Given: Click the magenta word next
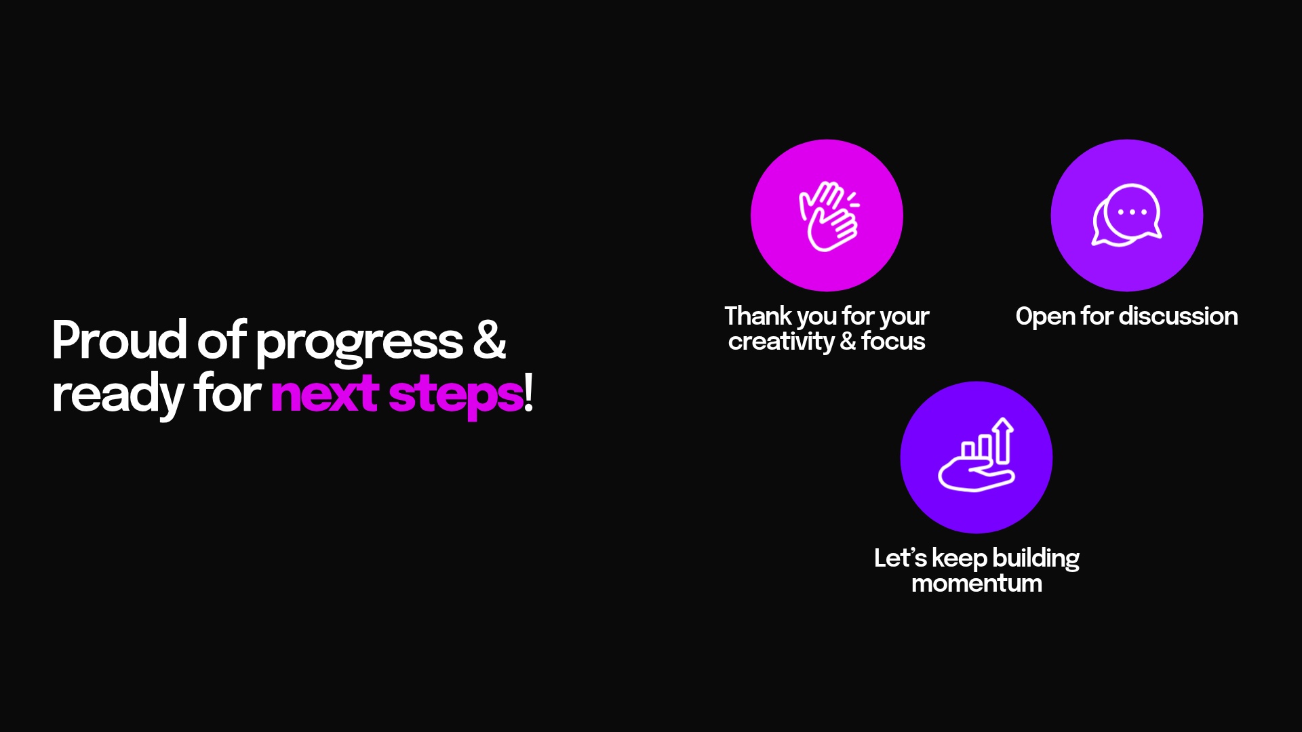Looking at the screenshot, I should tap(324, 394).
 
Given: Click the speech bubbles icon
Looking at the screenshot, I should tap(1126, 216).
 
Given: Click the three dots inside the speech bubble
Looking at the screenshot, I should tap(1132, 212).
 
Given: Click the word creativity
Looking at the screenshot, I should tap(781, 342).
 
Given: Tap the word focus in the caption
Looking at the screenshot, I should tap(893, 342).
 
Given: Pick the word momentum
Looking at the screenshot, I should tap(976, 584).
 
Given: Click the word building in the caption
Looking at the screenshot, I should tap(1035, 559).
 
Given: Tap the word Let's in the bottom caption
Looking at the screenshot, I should tap(900, 558).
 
